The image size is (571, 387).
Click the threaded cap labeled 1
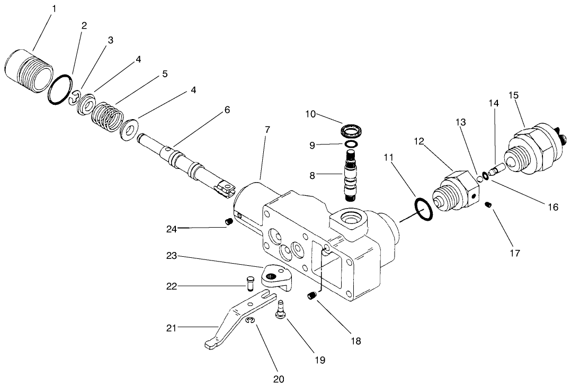pos(30,71)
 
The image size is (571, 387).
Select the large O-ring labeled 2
pos(60,90)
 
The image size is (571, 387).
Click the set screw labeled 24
pos(229,222)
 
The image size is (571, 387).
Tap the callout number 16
pos(552,207)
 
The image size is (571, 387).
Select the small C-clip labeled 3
pos(75,100)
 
